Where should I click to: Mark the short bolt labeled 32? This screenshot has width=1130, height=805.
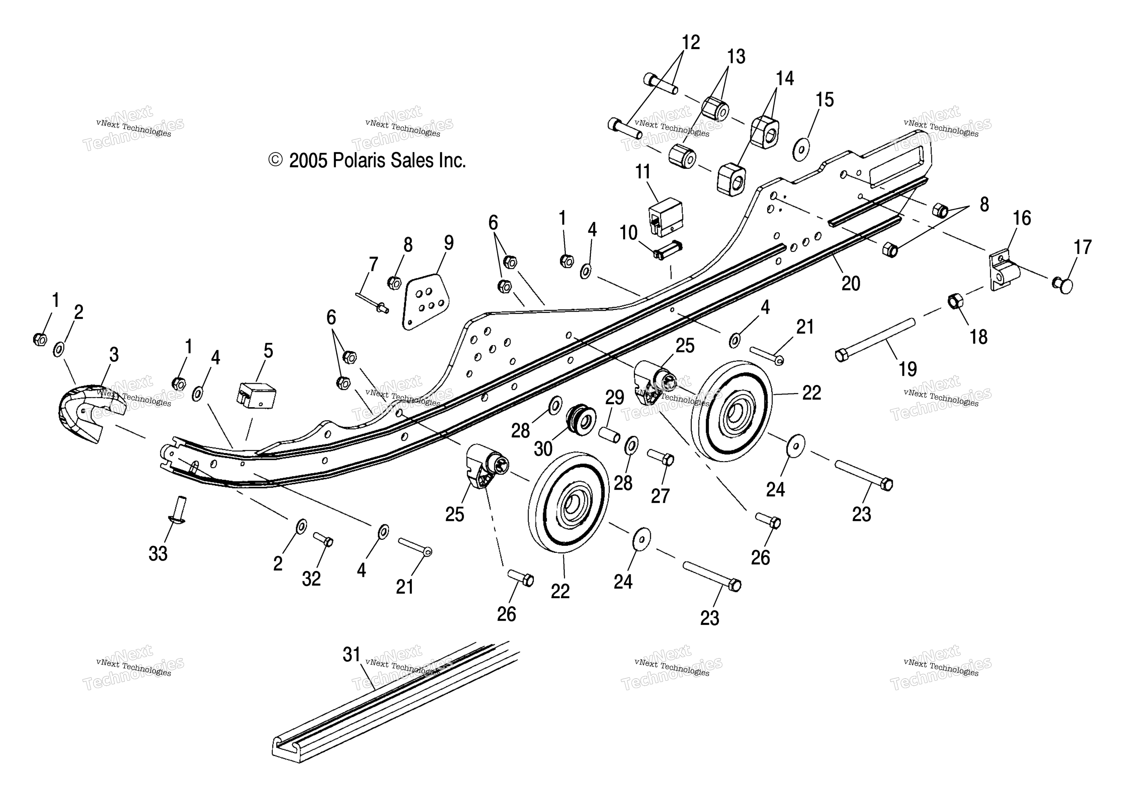click(x=323, y=539)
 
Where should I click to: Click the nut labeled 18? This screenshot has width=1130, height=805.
click(x=955, y=301)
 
